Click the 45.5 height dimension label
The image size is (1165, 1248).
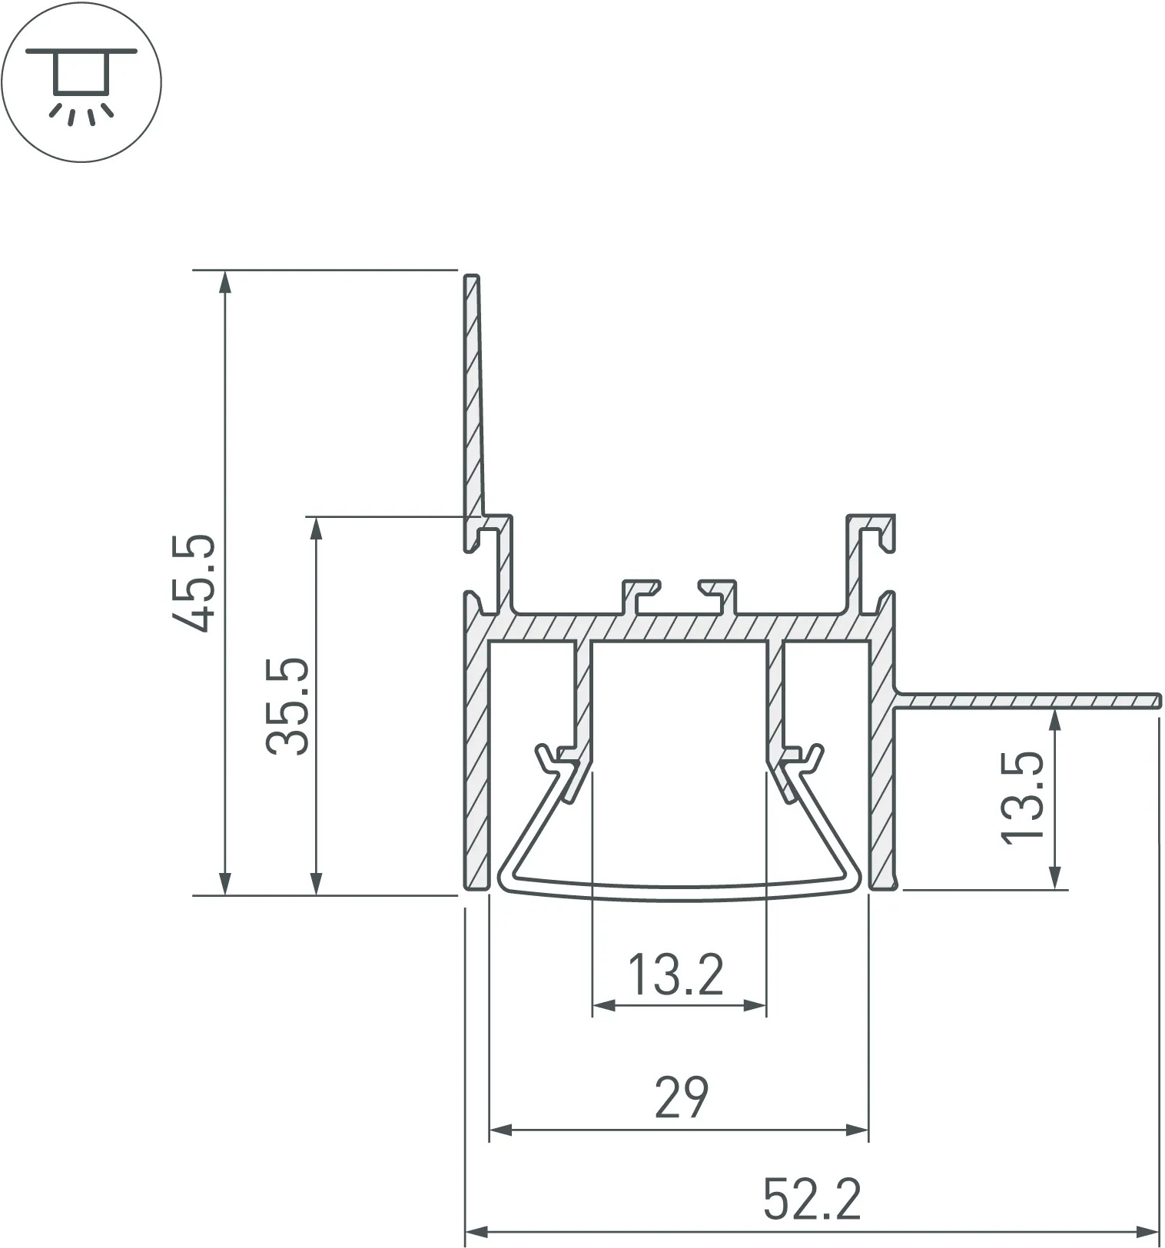(x=192, y=583)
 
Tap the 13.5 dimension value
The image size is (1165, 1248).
(x=1023, y=798)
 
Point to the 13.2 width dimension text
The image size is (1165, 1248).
(x=676, y=974)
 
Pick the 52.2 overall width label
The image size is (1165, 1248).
(x=812, y=1199)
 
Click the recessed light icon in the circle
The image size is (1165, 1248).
(x=81, y=83)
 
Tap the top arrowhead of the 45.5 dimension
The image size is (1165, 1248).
(x=224, y=282)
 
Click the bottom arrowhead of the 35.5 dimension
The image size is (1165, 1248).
(x=315, y=884)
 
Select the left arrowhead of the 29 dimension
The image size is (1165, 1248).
(x=501, y=1130)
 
